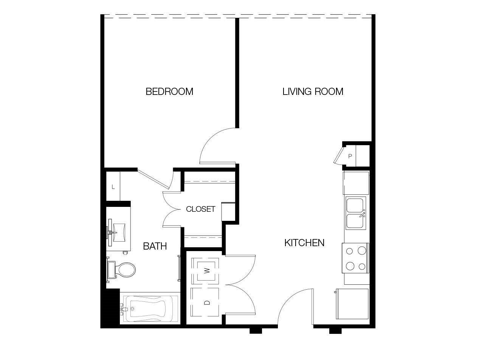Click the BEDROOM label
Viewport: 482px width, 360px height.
click(169, 92)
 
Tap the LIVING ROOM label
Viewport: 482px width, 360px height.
click(313, 92)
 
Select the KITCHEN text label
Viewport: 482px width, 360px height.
click(304, 243)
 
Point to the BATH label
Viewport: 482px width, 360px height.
click(155, 246)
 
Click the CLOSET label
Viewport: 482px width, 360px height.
click(200, 209)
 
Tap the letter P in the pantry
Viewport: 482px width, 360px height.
click(350, 156)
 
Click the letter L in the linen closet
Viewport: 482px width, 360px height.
click(113, 187)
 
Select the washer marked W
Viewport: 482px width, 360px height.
click(205, 271)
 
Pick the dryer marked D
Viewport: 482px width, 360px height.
click(205, 302)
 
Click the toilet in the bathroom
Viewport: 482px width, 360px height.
click(121, 270)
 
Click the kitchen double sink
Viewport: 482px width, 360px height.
click(356, 213)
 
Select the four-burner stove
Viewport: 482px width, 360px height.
click(355, 258)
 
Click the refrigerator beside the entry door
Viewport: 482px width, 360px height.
click(352, 304)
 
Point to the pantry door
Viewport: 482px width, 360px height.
click(338, 155)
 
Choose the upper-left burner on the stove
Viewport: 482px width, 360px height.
click(349, 251)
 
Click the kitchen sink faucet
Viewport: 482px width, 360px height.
click(362, 214)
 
